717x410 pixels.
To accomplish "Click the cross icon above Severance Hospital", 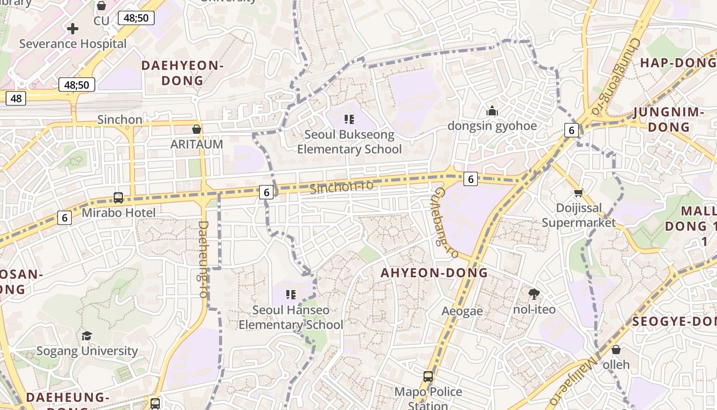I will tap(73, 29).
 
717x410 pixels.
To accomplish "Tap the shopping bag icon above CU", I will tap(101, 6).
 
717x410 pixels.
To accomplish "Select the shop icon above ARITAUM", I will tap(197, 129).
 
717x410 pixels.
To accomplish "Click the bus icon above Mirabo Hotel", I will tap(118, 197).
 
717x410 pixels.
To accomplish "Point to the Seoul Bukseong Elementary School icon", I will tap(349, 120).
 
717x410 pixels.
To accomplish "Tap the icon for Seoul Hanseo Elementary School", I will tap(291, 295).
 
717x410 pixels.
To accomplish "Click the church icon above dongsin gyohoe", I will tap(492, 111).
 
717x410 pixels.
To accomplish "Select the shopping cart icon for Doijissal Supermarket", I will tap(578, 193).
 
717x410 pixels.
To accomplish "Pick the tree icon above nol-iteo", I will tap(534, 294).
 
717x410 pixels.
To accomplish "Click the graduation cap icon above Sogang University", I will tap(87, 336).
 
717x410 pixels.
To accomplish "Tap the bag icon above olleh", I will tap(616, 350).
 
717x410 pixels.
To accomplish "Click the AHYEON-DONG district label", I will tap(434, 273).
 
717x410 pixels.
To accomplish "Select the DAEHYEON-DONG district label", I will tap(183, 73).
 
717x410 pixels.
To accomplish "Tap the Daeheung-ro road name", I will tap(203, 259).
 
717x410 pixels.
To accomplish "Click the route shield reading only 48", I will tap(16, 98).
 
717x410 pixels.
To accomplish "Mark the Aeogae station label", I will tap(462, 311).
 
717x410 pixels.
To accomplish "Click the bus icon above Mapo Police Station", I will tap(428, 377).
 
